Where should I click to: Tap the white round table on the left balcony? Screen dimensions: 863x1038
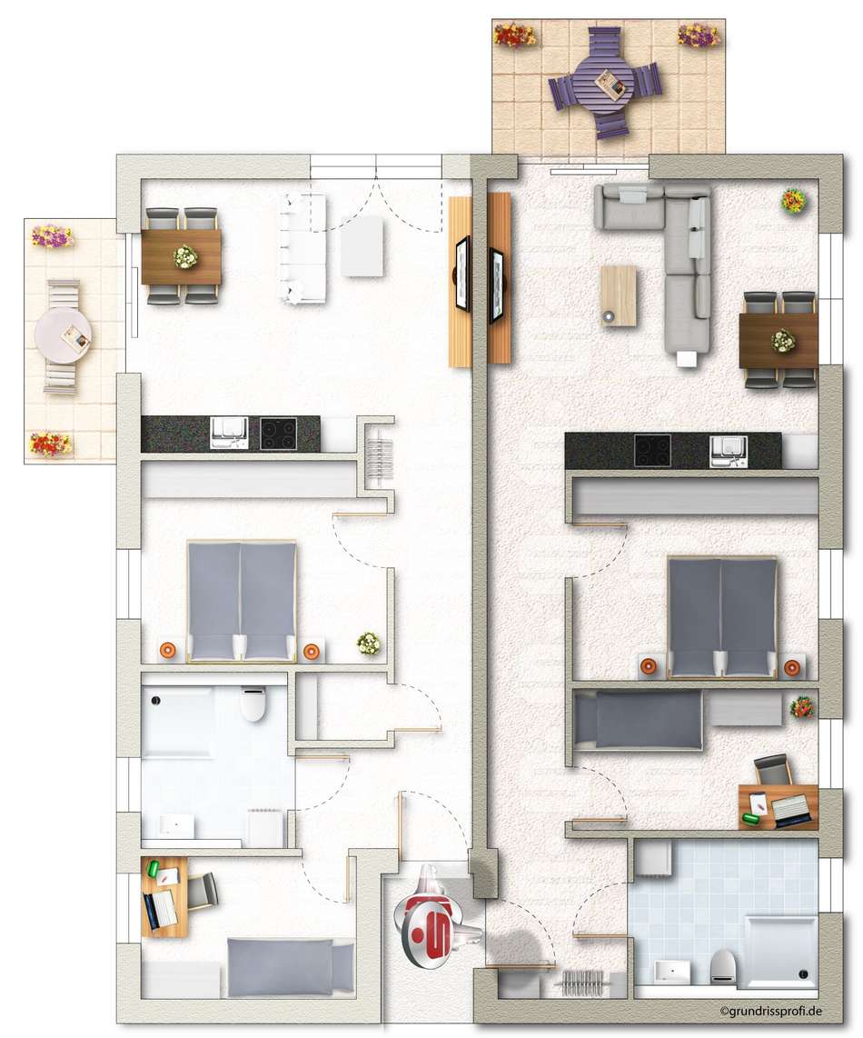tap(64, 336)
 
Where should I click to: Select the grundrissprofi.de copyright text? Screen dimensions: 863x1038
tap(771, 1011)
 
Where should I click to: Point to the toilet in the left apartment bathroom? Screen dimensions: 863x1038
tap(253, 704)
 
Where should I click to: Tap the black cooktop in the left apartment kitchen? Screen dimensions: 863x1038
tap(278, 434)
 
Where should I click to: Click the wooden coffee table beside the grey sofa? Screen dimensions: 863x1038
tap(619, 295)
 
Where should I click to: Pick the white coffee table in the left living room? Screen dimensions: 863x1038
tap(362, 246)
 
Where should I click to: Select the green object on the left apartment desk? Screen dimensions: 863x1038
tap(154, 868)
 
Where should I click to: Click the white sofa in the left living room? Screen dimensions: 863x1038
tap(303, 248)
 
